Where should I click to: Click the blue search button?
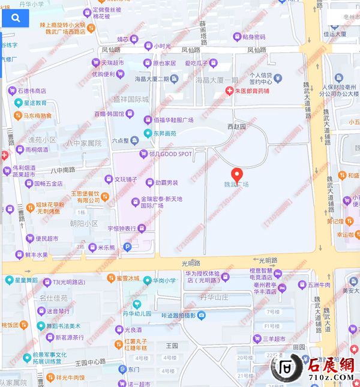point(15,18)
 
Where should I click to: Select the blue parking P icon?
point(127,247)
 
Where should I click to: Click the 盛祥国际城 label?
point(131,100)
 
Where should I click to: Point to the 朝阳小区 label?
point(83,223)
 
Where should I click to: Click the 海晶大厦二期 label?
point(152,79)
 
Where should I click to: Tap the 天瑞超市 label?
point(112,62)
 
